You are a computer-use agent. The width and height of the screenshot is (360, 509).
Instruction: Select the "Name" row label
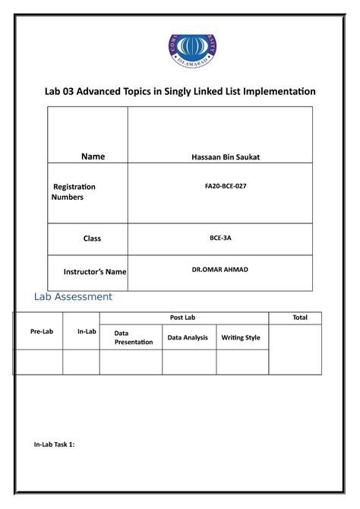pos(93,156)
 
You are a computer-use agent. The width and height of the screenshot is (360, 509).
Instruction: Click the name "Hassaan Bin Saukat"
pos(220,156)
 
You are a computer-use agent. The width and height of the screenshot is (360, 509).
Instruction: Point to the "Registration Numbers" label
pos(74,191)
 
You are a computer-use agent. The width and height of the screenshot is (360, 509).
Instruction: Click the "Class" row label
pos(92,239)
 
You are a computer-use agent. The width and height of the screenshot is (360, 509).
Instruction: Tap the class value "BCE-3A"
pos(220,238)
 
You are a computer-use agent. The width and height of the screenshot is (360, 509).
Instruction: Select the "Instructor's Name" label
pos(95,271)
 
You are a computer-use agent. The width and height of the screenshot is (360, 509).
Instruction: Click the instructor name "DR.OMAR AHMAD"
pos(220,269)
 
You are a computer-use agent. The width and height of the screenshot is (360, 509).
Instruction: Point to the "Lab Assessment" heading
pos(73,296)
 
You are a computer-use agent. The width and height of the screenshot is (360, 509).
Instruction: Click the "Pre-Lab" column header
pos(42,332)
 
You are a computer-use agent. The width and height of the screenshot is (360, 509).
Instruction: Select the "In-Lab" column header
pos(87,332)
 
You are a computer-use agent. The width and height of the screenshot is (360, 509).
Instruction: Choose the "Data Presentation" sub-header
pos(133,337)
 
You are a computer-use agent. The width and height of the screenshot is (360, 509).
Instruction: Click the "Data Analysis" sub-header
pos(188,337)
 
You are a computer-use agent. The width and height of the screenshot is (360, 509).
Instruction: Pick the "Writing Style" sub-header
pos(240,337)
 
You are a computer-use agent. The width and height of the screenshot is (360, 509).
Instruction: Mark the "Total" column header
pos(300,318)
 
